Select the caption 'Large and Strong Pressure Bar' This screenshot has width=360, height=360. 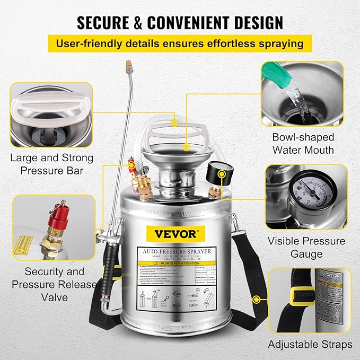tap(51, 164)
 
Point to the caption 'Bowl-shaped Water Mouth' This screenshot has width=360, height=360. tap(303, 143)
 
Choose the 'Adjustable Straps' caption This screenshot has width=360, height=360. tap(310, 344)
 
